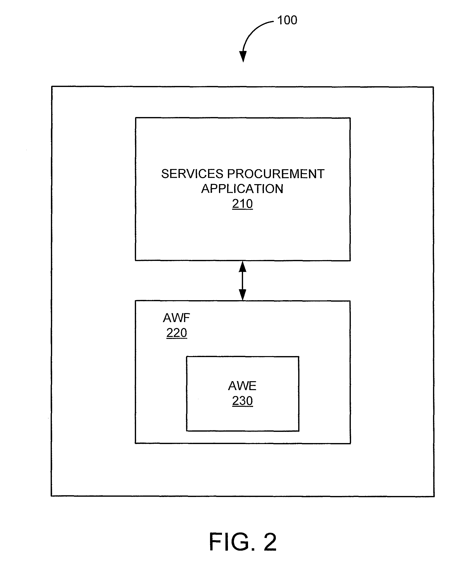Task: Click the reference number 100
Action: click(287, 20)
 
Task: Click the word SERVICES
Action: click(192, 174)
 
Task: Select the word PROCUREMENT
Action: click(276, 174)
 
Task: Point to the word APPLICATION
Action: click(242, 189)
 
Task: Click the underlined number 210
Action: click(242, 204)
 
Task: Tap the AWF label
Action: click(176, 318)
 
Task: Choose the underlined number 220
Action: click(177, 333)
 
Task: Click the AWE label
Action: click(242, 386)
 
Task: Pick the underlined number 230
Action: click(242, 401)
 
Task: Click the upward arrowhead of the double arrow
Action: click(243, 267)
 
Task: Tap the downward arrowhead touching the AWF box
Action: click(243, 295)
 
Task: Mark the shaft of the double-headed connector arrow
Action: click(243, 281)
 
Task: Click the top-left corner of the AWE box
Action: click(187, 357)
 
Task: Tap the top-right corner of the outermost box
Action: click(433, 87)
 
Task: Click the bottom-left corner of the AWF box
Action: click(135, 443)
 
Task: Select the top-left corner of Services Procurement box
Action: click(136, 118)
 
